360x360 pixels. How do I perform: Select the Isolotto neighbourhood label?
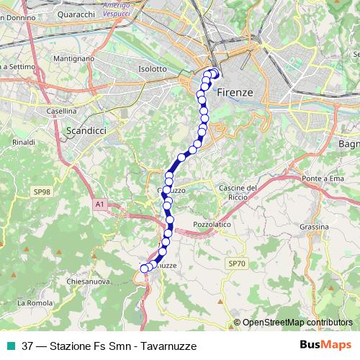pos(152,69)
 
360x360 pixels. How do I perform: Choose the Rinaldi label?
pos(24,143)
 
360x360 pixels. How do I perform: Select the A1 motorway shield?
pos(100,205)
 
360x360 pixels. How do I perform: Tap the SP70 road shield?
pos(237,264)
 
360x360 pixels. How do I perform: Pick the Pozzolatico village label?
pos(212,225)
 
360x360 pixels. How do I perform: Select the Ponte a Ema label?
pos(321,179)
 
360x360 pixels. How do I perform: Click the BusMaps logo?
pos(324,345)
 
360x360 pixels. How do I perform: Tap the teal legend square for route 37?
pos(10,346)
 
